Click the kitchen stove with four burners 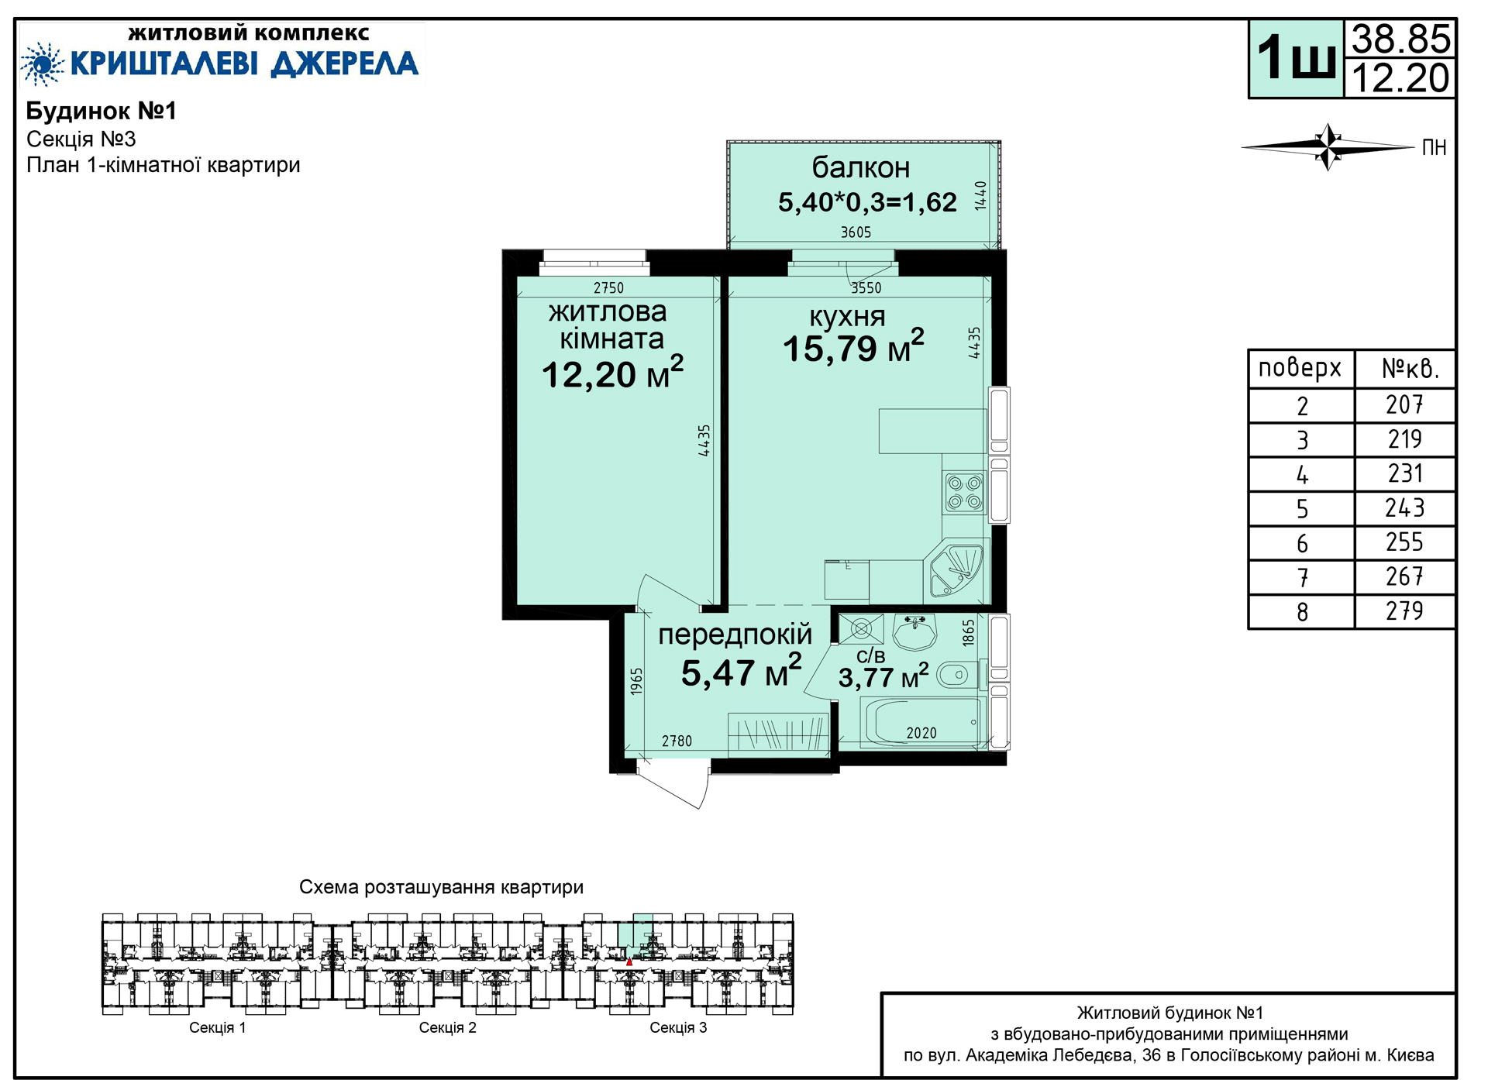[965, 493]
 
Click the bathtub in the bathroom [923, 722]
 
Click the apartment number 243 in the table [1404, 508]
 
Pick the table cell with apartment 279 [1404, 611]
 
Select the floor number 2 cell [1302, 405]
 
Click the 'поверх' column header [1300, 368]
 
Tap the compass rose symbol [1328, 146]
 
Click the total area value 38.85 [1400, 38]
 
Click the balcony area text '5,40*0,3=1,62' [867, 202]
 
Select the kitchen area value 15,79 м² [853, 346]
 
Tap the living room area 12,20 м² [612, 373]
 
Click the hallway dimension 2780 [677, 741]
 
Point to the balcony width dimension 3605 [856, 232]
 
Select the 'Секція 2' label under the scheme [448, 1027]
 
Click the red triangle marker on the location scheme [629, 962]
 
